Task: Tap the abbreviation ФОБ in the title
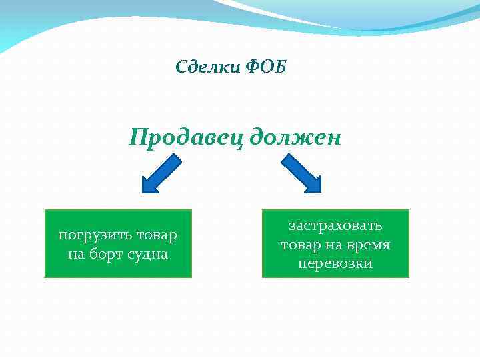point(266,67)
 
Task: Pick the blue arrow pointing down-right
point(301,174)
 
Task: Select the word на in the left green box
point(75,254)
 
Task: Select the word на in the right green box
point(336,245)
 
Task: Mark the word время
point(370,245)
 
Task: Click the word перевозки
point(335,264)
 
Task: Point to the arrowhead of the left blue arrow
point(150,185)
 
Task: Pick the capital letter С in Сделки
point(181,67)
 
